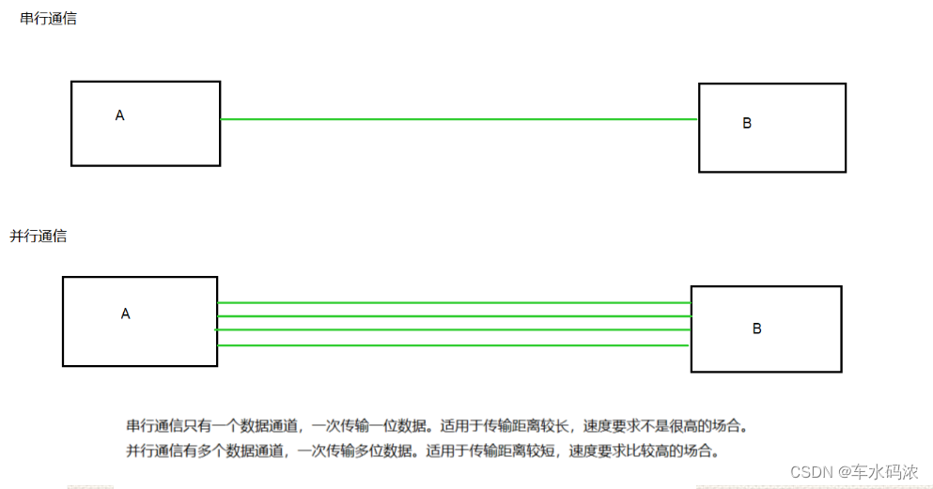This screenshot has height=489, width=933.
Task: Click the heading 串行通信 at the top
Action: click(48, 19)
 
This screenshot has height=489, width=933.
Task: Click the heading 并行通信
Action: click(39, 237)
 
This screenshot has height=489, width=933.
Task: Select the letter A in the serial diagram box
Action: click(119, 115)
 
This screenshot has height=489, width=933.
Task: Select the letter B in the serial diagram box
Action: click(747, 123)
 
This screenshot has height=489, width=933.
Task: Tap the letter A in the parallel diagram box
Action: click(125, 313)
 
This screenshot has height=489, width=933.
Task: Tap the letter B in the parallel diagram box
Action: click(756, 329)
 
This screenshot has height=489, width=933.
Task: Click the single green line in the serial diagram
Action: click(459, 119)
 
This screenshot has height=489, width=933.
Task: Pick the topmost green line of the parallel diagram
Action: click(454, 302)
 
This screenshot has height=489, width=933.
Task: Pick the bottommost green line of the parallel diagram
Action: click(454, 345)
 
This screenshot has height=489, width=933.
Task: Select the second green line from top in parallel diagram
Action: click(454, 316)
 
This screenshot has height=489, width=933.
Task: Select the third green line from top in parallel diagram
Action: click(454, 330)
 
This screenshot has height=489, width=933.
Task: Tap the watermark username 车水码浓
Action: click(885, 471)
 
